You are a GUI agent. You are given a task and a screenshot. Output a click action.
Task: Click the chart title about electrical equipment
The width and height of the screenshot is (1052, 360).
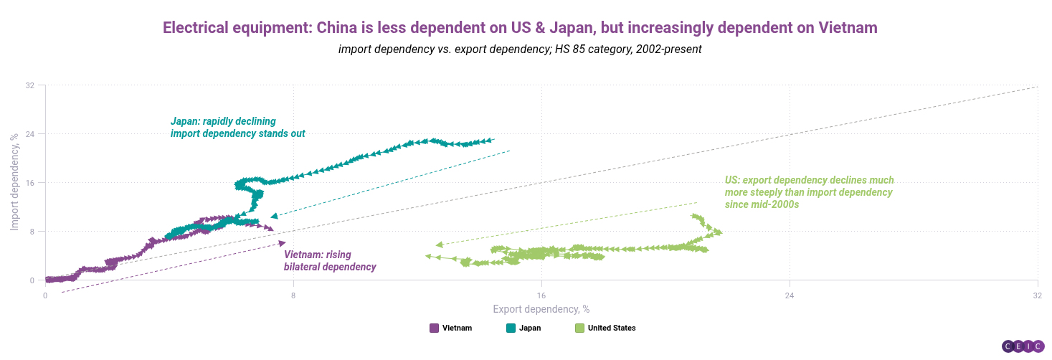tap(520, 28)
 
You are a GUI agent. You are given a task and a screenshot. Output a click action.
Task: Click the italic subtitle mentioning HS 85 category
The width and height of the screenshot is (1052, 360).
tap(520, 49)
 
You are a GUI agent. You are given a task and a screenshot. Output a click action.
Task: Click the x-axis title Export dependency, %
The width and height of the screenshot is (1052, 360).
tap(541, 309)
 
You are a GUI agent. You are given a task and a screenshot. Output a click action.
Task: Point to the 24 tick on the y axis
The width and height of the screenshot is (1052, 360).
tap(30, 134)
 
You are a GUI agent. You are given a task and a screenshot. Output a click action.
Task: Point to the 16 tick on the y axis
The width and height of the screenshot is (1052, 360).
tap(30, 183)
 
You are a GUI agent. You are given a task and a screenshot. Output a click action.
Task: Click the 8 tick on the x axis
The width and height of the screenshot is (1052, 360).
tap(293, 295)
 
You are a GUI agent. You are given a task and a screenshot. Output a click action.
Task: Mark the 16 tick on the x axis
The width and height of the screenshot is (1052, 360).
tap(541, 295)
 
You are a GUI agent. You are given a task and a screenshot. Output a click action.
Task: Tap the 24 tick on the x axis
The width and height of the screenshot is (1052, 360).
tap(789, 295)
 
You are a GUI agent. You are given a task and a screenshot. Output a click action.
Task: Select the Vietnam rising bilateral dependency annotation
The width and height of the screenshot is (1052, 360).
tap(330, 261)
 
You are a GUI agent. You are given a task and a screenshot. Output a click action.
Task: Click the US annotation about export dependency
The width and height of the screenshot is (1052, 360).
tap(809, 192)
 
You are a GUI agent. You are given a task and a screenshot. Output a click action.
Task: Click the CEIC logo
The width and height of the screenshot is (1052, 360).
tap(1022, 346)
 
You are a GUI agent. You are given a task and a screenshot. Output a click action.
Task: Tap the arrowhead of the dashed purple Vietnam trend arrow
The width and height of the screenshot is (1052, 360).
tap(281, 244)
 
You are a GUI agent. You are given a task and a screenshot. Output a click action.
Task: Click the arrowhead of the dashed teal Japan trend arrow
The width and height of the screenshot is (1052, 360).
tap(275, 216)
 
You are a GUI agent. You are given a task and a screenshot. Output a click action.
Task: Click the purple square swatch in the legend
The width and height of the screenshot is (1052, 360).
tap(434, 328)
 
